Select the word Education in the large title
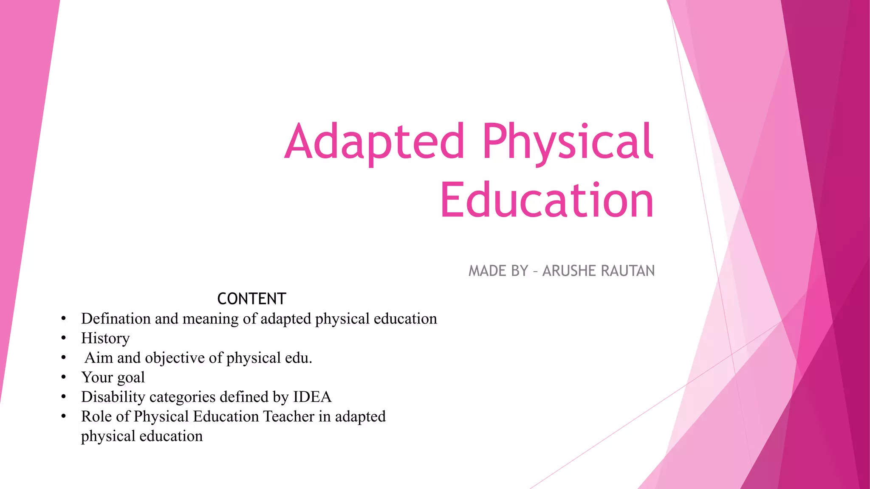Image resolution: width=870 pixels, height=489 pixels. tap(547, 200)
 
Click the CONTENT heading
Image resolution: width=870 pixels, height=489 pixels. tap(251, 299)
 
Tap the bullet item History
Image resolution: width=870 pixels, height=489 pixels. tap(105, 338)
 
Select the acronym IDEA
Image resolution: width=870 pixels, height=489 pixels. tap(312, 397)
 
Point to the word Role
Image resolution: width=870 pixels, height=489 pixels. tap(96, 416)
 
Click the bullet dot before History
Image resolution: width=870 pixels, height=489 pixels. tap(63, 338)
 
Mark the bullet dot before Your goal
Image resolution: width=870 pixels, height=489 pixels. tap(63, 377)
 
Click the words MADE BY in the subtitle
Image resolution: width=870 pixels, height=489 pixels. tap(498, 271)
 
